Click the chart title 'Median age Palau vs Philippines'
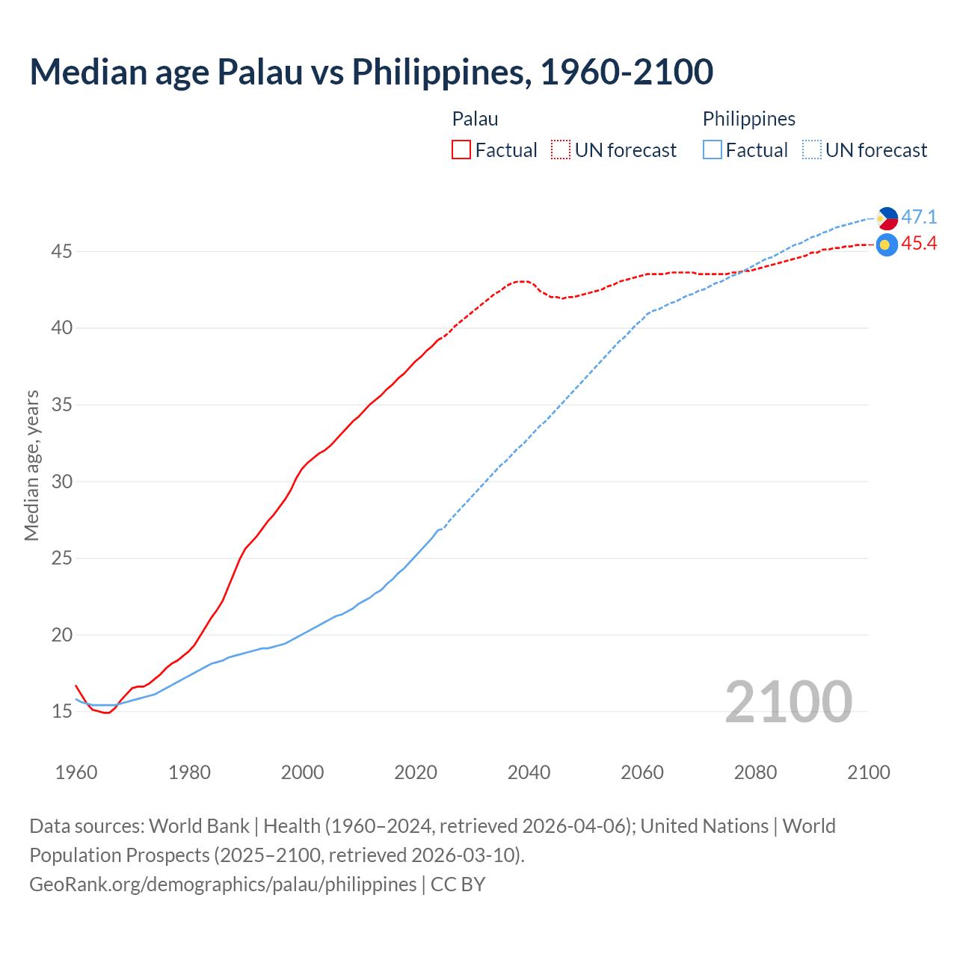(x=371, y=72)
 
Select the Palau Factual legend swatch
(x=461, y=150)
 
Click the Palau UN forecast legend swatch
(x=561, y=150)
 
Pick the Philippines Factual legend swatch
(x=713, y=150)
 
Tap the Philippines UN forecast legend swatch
(x=812, y=150)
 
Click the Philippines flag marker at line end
(x=887, y=218)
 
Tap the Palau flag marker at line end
(x=887, y=244)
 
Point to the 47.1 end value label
(x=919, y=218)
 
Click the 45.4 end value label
(x=919, y=244)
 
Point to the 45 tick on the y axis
(x=61, y=252)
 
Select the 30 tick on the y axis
(x=61, y=482)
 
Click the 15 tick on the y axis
(x=61, y=712)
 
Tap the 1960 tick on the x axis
(x=76, y=772)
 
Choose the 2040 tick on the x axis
(x=529, y=772)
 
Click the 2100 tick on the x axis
(x=868, y=772)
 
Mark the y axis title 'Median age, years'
(x=31, y=465)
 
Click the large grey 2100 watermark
(x=788, y=702)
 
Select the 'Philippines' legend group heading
(x=748, y=119)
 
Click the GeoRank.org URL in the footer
(x=223, y=884)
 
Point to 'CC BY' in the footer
(x=458, y=884)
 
